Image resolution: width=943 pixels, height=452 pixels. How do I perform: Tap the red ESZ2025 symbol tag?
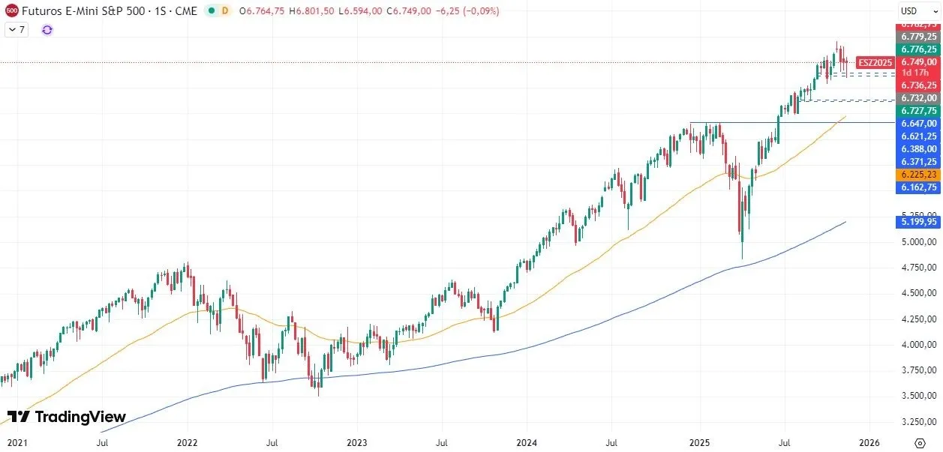tap(875, 62)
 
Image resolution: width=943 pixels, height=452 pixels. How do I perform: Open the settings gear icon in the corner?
tap(920, 442)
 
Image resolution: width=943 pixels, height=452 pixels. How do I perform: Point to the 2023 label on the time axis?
tap(356, 442)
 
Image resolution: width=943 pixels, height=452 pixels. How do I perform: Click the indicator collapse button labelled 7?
tap(17, 29)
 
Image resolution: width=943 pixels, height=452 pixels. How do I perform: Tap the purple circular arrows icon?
tap(47, 29)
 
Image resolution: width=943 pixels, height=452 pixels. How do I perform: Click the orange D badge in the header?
tap(224, 11)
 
